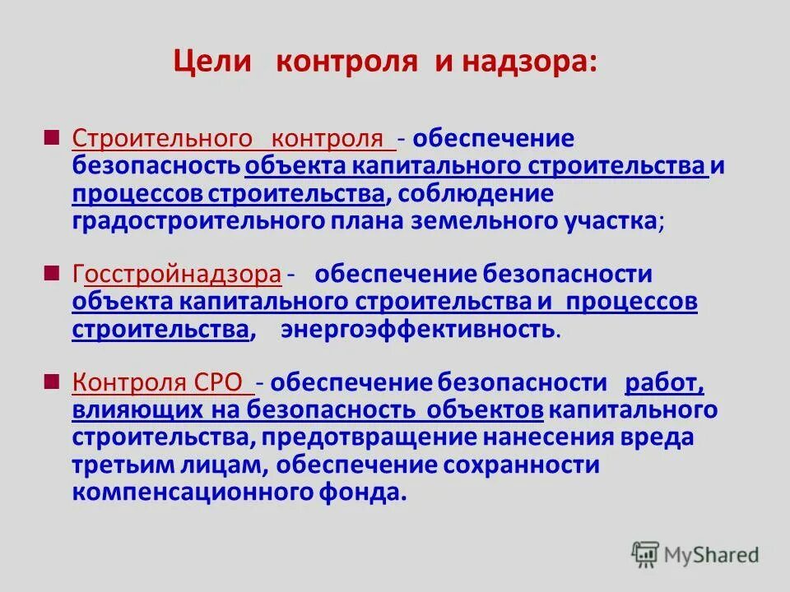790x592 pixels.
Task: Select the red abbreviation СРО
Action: [220, 382]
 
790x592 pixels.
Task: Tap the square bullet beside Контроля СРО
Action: [52, 381]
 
